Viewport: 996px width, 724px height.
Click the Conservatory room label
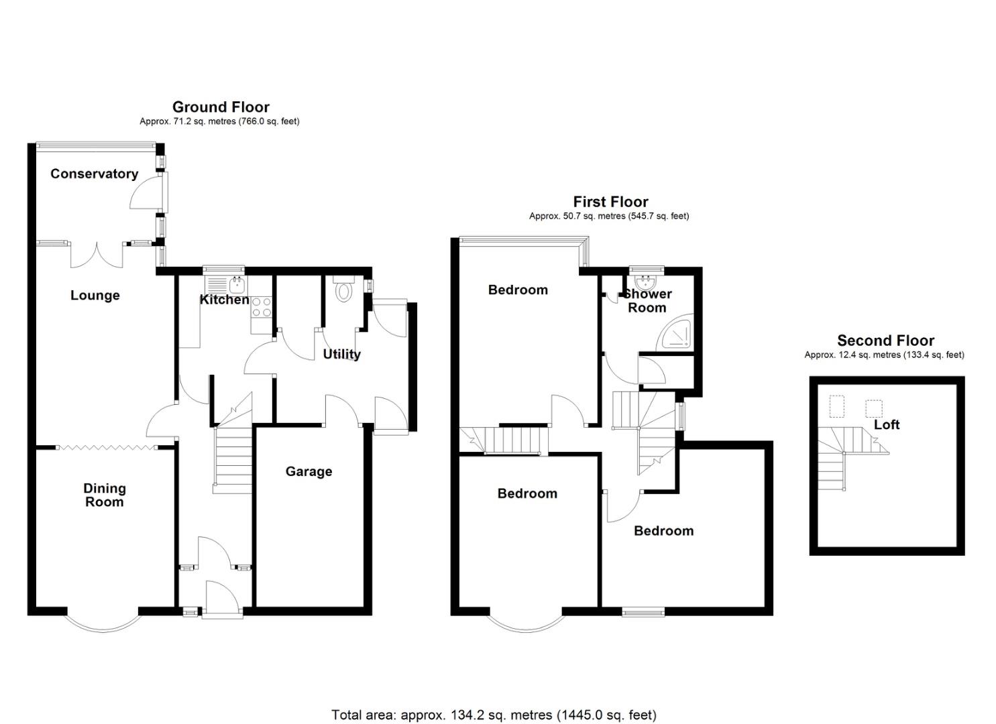coord(95,174)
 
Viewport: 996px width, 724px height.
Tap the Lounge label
coord(95,296)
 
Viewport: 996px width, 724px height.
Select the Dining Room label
coord(105,495)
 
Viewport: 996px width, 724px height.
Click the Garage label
coord(309,471)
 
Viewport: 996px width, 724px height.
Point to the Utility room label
coord(341,354)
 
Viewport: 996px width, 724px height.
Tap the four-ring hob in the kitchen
coord(261,307)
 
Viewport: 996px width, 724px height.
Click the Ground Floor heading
coord(221,107)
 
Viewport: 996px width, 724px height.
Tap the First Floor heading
coord(610,202)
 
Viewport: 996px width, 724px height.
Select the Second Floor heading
coord(885,341)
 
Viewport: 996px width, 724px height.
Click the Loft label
coord(887,424)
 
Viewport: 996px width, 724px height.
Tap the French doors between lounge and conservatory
coord(97,255)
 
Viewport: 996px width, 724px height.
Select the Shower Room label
coord(647,300)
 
